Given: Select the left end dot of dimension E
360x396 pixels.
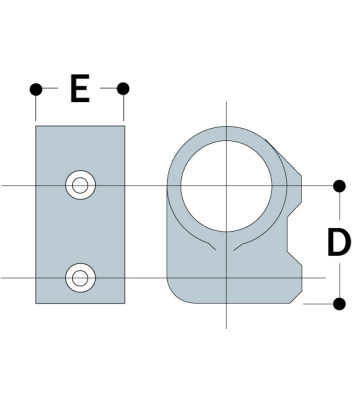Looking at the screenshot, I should pyautogui.click(x=36, y=90).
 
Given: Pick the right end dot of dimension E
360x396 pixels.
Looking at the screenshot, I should pyautogui.click(x=124, y=90).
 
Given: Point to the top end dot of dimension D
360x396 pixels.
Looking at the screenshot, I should pyautogui.click(x=338, y=186).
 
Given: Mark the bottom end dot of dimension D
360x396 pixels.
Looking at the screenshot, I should pyautogui.click(x=338, y=302).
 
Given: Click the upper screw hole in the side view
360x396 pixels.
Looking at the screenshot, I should pyautogui.click(x=79, y=185).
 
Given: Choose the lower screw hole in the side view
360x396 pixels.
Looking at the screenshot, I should pyautogui.click(x=79, y=277).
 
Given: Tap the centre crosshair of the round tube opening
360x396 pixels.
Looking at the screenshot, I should pyautogui.click(x=226, y=186).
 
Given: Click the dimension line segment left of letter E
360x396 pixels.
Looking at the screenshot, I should pyautogui.click(x=50, y=90).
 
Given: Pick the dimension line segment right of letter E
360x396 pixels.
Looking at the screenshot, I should pyautogui.click(x=110, y=90).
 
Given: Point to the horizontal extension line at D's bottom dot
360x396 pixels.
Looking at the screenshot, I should pyautogui.click(x=318, y=302).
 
